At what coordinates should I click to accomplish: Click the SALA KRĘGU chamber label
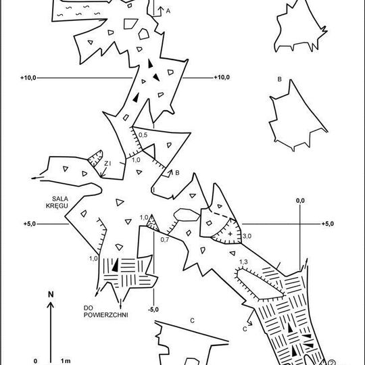[57, 202]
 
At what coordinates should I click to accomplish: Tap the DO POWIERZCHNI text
[105, 312]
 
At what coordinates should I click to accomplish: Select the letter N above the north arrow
[51, 295]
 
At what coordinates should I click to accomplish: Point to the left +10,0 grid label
[28, 78]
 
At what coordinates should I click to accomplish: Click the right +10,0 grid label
[222, 78]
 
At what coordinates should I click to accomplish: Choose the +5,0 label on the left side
[30, 224]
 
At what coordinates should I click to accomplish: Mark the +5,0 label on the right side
[328, 224]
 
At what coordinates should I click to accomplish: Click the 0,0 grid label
[300, 201]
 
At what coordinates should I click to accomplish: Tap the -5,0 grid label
[153, 310]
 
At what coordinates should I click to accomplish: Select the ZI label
[107, 164]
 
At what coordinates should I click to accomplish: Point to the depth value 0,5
[143, 135]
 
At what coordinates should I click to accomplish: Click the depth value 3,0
[247, 236]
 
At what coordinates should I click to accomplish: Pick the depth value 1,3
[243, 262]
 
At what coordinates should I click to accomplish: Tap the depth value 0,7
[165, 239]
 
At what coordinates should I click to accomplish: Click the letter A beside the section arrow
[168, 11]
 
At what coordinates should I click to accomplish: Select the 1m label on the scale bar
[66, 361]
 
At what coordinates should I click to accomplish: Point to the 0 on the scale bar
[36, 361]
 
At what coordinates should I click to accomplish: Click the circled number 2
[331, 362]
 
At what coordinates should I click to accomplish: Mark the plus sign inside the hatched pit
[230, 234]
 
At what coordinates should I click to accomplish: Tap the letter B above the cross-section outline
[280, 79]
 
